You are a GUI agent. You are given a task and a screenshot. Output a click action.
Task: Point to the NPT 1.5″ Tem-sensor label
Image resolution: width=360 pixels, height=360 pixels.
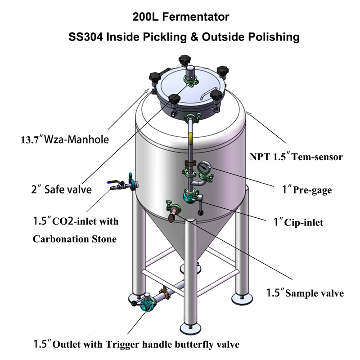tap(297, 157)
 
